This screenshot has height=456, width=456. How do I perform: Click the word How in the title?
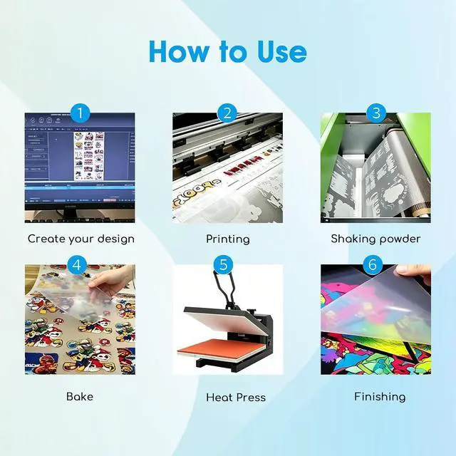(x=179, y=51)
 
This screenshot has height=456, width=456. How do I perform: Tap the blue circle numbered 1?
(x=81, y=113)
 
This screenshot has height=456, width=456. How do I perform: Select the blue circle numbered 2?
(x=228, y=113)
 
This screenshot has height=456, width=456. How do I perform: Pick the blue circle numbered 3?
(x=376, y=113)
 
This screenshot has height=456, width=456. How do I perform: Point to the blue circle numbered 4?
(x=77, y=265)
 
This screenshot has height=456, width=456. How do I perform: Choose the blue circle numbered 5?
(x=223, y=265)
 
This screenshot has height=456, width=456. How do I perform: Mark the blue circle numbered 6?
(x=373, y=265)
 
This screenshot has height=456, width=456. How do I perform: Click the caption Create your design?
(x=81, y=239)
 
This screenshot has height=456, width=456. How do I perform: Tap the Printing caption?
(x=228, y=239)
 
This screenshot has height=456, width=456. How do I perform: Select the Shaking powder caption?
(x=375, y=239)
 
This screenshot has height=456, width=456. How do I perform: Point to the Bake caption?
(x=80, y=397)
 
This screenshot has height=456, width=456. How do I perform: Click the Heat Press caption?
(x=236, y=398)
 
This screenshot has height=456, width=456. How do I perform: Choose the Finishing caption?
(x=380, y=397)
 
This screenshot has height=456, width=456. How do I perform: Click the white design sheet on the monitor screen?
(x=89, y=156)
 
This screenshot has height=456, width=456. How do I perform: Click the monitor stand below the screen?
(x=70, y=214)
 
